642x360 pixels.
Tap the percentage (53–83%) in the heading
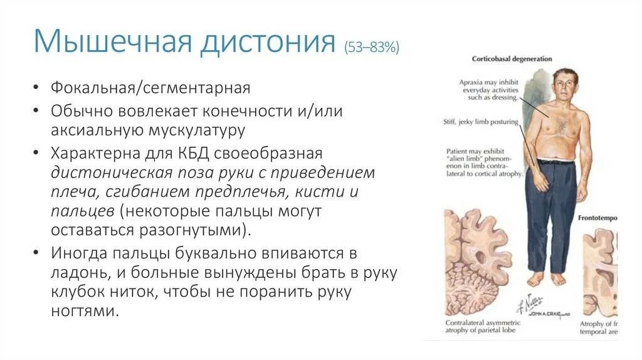click(371, 47)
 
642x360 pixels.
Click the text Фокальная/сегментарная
click(150, 87)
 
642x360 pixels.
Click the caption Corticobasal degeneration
click(512, 59)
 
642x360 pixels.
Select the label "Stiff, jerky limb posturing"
click(480, 123)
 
